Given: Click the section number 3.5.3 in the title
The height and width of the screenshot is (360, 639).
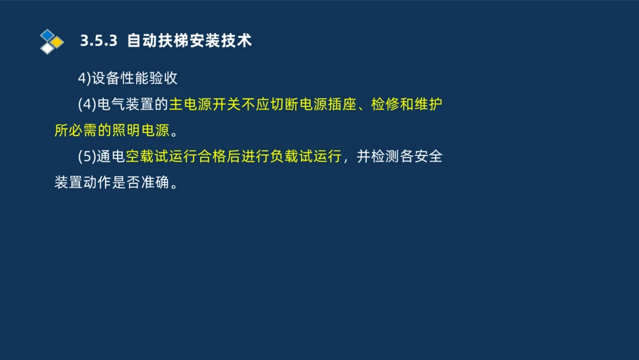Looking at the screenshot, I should point(99,41).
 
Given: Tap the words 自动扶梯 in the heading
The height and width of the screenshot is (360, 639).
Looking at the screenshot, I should point(157,41).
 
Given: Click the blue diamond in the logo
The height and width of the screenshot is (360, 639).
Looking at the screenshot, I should point(47,35).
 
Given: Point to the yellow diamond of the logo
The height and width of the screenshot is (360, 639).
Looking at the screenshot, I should point(58,42).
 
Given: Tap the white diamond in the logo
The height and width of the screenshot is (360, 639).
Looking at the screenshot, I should point(47,49).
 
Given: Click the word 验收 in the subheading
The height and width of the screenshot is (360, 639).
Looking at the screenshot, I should point(164,79).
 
